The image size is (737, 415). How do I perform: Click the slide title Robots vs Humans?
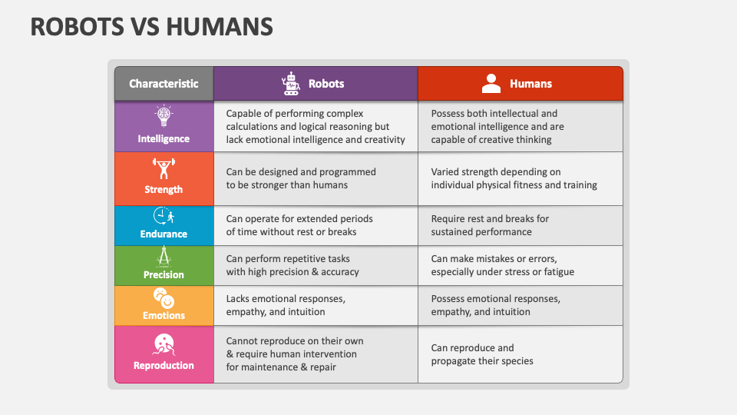point(151,27)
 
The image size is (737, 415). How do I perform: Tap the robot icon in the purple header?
point(291,84)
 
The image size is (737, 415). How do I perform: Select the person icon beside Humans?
point(491,84)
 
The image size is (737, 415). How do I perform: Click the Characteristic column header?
point(164,84)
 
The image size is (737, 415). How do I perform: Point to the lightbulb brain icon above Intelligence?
point(164,116)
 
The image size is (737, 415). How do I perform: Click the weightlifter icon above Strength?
point(164,168)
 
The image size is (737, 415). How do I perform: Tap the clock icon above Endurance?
point(164,216)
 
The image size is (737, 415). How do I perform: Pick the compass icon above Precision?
point(164,257)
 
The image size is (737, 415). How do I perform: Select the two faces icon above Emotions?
point(164,298)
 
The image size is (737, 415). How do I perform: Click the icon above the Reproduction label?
point(164,345)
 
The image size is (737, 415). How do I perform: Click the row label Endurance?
point(164,234)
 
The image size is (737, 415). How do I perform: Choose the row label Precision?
point(164,274)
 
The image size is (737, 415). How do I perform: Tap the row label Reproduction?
point(164,365)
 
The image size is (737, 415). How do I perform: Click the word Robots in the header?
point(326,84)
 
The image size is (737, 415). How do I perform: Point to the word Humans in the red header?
point(530,84)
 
